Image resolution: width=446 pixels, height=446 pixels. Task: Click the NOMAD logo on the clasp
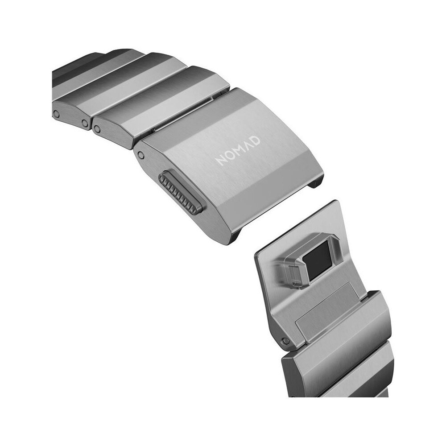(x=238, y=151)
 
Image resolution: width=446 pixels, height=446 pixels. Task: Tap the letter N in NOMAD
(x=221, y=161)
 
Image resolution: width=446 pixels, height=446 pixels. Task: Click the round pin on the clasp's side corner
(x=140, y=155)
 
